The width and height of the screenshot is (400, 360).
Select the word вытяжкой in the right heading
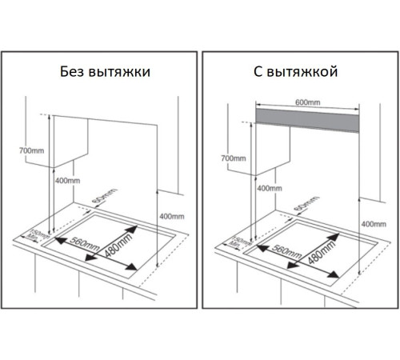pyautogui.click(x=304, y=72)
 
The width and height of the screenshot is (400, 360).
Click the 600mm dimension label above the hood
pyautogui.click(x=308, y=102)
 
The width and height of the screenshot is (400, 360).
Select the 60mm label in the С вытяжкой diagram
pyautogui.click(x=301, y=206)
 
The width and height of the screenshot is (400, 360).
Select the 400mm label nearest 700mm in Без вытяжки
pyautogui.click(x=68, y=181)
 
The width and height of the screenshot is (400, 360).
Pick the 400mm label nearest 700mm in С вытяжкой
pyautogui.click(x=269, y=189)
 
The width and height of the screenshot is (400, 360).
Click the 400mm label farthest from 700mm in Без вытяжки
pyautogui.click(x=172, y=217)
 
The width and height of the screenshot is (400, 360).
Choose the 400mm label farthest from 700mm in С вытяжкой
pyautogui.click(x=373, y=223)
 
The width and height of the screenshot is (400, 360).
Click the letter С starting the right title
pyautogui.click(x=258, y=72)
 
